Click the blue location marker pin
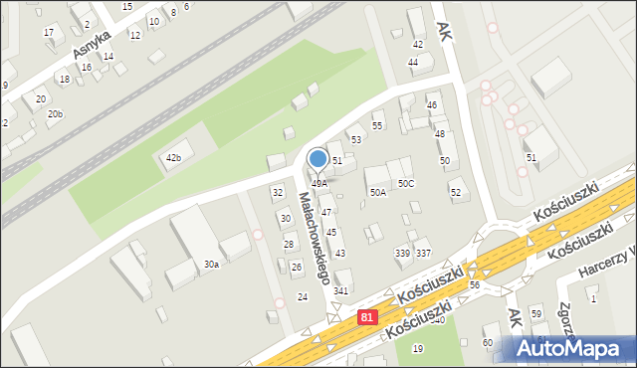tap(318, 159)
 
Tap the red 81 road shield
tap(367, 317)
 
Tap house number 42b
tap(173, 158)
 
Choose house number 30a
tap(211, 264)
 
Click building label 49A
tap(318, 183)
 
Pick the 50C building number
tap(406, 184)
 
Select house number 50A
tap(378, 192)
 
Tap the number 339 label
tap(402, 254)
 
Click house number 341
tap(341, 290)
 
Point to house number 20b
tap(55, 114)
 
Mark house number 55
tap(377, 125)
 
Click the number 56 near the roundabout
tap(475, 284)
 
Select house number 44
tap(413, 62)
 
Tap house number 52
tap(455, 192)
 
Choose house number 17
tap(49, 33)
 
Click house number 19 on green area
tap(418, 348)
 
